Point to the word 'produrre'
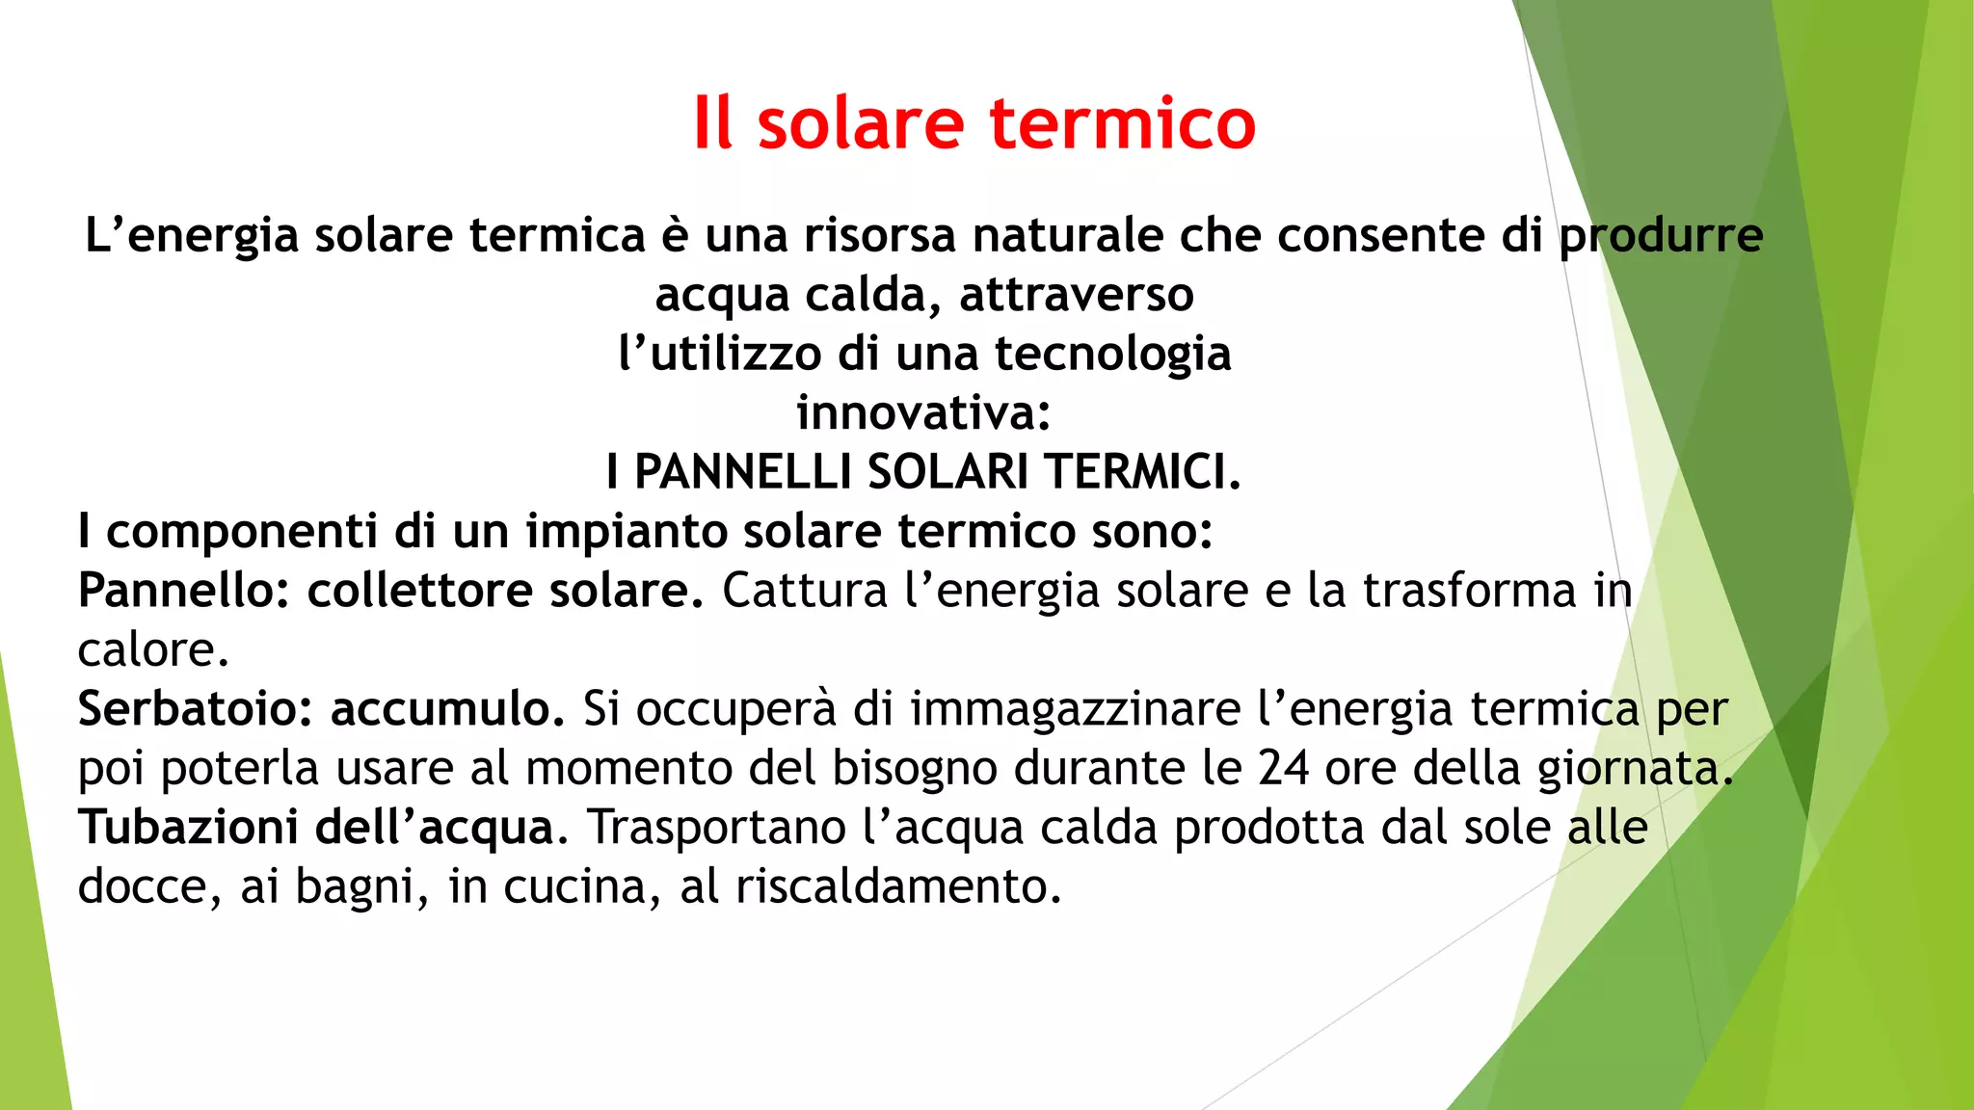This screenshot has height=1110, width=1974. tap(1661, 237)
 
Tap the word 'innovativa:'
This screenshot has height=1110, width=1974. tap(923, 413)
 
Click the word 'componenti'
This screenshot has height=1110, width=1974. tap(241, 532)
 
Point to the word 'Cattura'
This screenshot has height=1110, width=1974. tap(805, 591)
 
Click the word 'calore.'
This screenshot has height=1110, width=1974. tap(153, 649)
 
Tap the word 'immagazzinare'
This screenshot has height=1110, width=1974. tap(1076, 710)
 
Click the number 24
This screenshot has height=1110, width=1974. tap(1284, 768)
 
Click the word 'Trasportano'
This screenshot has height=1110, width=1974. tap(717, 829)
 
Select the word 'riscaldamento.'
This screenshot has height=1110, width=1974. tap(898, 886)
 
